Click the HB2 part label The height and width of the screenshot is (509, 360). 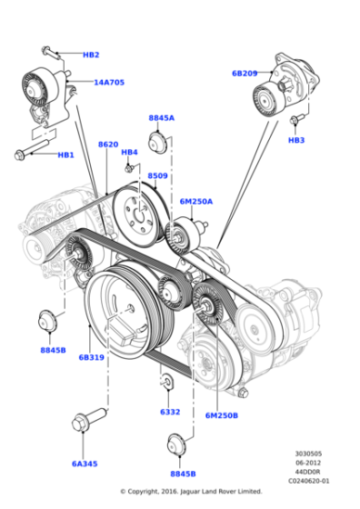tap(91, 55)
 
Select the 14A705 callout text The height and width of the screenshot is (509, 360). tap(109, 82)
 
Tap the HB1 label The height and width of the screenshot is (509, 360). tap(65, 155)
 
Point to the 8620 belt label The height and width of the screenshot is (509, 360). tap(108, 145)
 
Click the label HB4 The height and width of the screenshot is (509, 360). tap(129, 152)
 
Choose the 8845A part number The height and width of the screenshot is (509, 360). tap(161, 118)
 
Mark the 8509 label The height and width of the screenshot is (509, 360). tap(157, 175)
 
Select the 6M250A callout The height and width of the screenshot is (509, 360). tap(195, 202)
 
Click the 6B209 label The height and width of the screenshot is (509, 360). tap(245, 73)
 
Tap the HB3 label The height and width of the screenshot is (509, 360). tap(296, 141)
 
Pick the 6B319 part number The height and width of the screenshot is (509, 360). tap(91, 357)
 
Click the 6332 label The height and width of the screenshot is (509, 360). tap(170, 412)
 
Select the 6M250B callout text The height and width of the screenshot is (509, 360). tap(221, 414)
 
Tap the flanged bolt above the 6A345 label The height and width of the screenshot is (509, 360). tap(81, 425)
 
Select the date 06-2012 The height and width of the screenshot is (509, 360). tap(312, 463)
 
